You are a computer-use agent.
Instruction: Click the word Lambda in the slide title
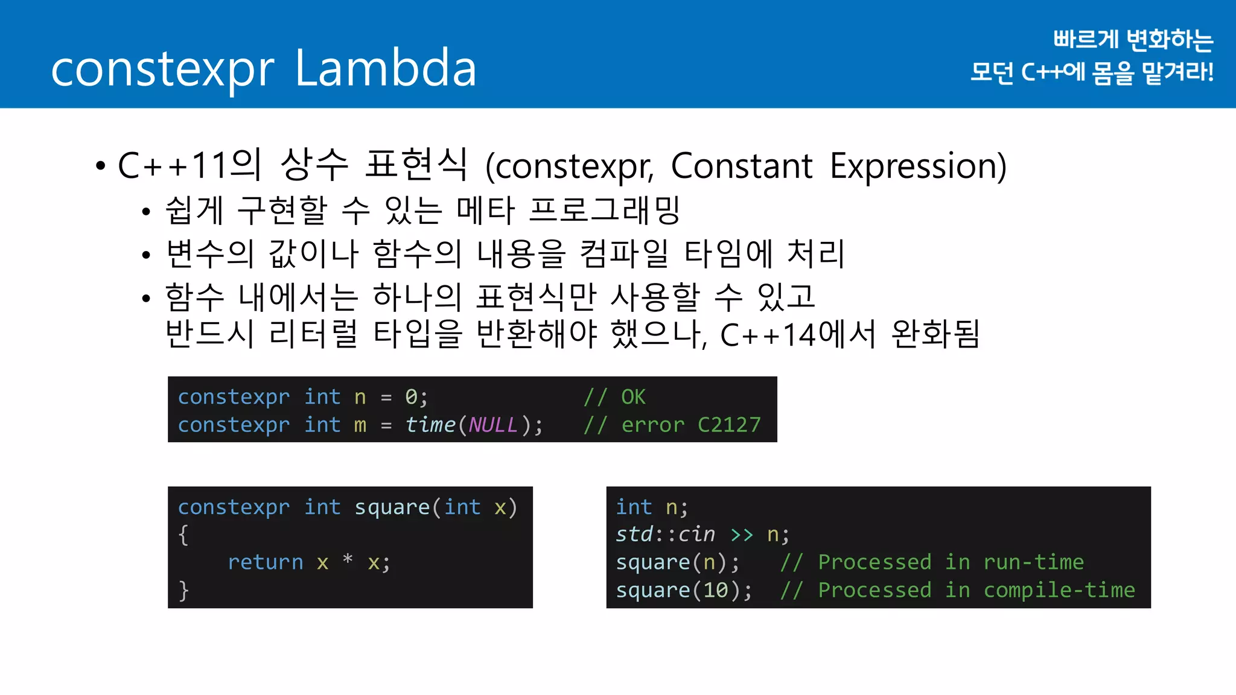(x=386, y=68)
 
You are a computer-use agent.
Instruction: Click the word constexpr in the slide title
(x=162, y=70)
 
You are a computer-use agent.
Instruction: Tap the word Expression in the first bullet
(x=918, y=166)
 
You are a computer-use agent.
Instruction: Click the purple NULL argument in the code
(x=493, y=425)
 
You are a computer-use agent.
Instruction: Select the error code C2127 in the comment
(x=729, y=425)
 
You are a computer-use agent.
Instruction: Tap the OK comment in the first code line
(x=633, y=397)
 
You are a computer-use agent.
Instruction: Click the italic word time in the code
(x=430, y=425)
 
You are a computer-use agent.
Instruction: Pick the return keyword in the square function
(x=265, y=562)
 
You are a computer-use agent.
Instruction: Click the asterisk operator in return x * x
(x=348, y=560)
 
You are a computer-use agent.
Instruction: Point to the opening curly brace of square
(x=183, y=535)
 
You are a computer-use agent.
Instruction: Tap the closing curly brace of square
(x=183, y=590)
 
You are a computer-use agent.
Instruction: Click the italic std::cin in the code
(x=665, y=535)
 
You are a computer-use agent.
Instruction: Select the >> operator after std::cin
(x=741, y=535)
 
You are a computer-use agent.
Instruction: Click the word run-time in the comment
(x=1033, y=562)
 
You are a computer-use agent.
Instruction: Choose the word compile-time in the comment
(x=1059, y=590)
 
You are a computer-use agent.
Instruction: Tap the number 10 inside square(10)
(x=716, y=590)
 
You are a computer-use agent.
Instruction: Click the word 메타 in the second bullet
(x=485, y=210)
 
